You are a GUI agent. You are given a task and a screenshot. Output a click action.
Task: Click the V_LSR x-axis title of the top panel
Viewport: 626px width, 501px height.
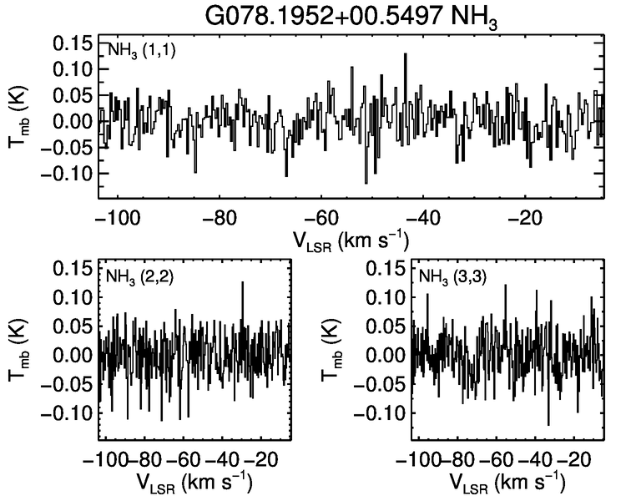click(x=350, y=241)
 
